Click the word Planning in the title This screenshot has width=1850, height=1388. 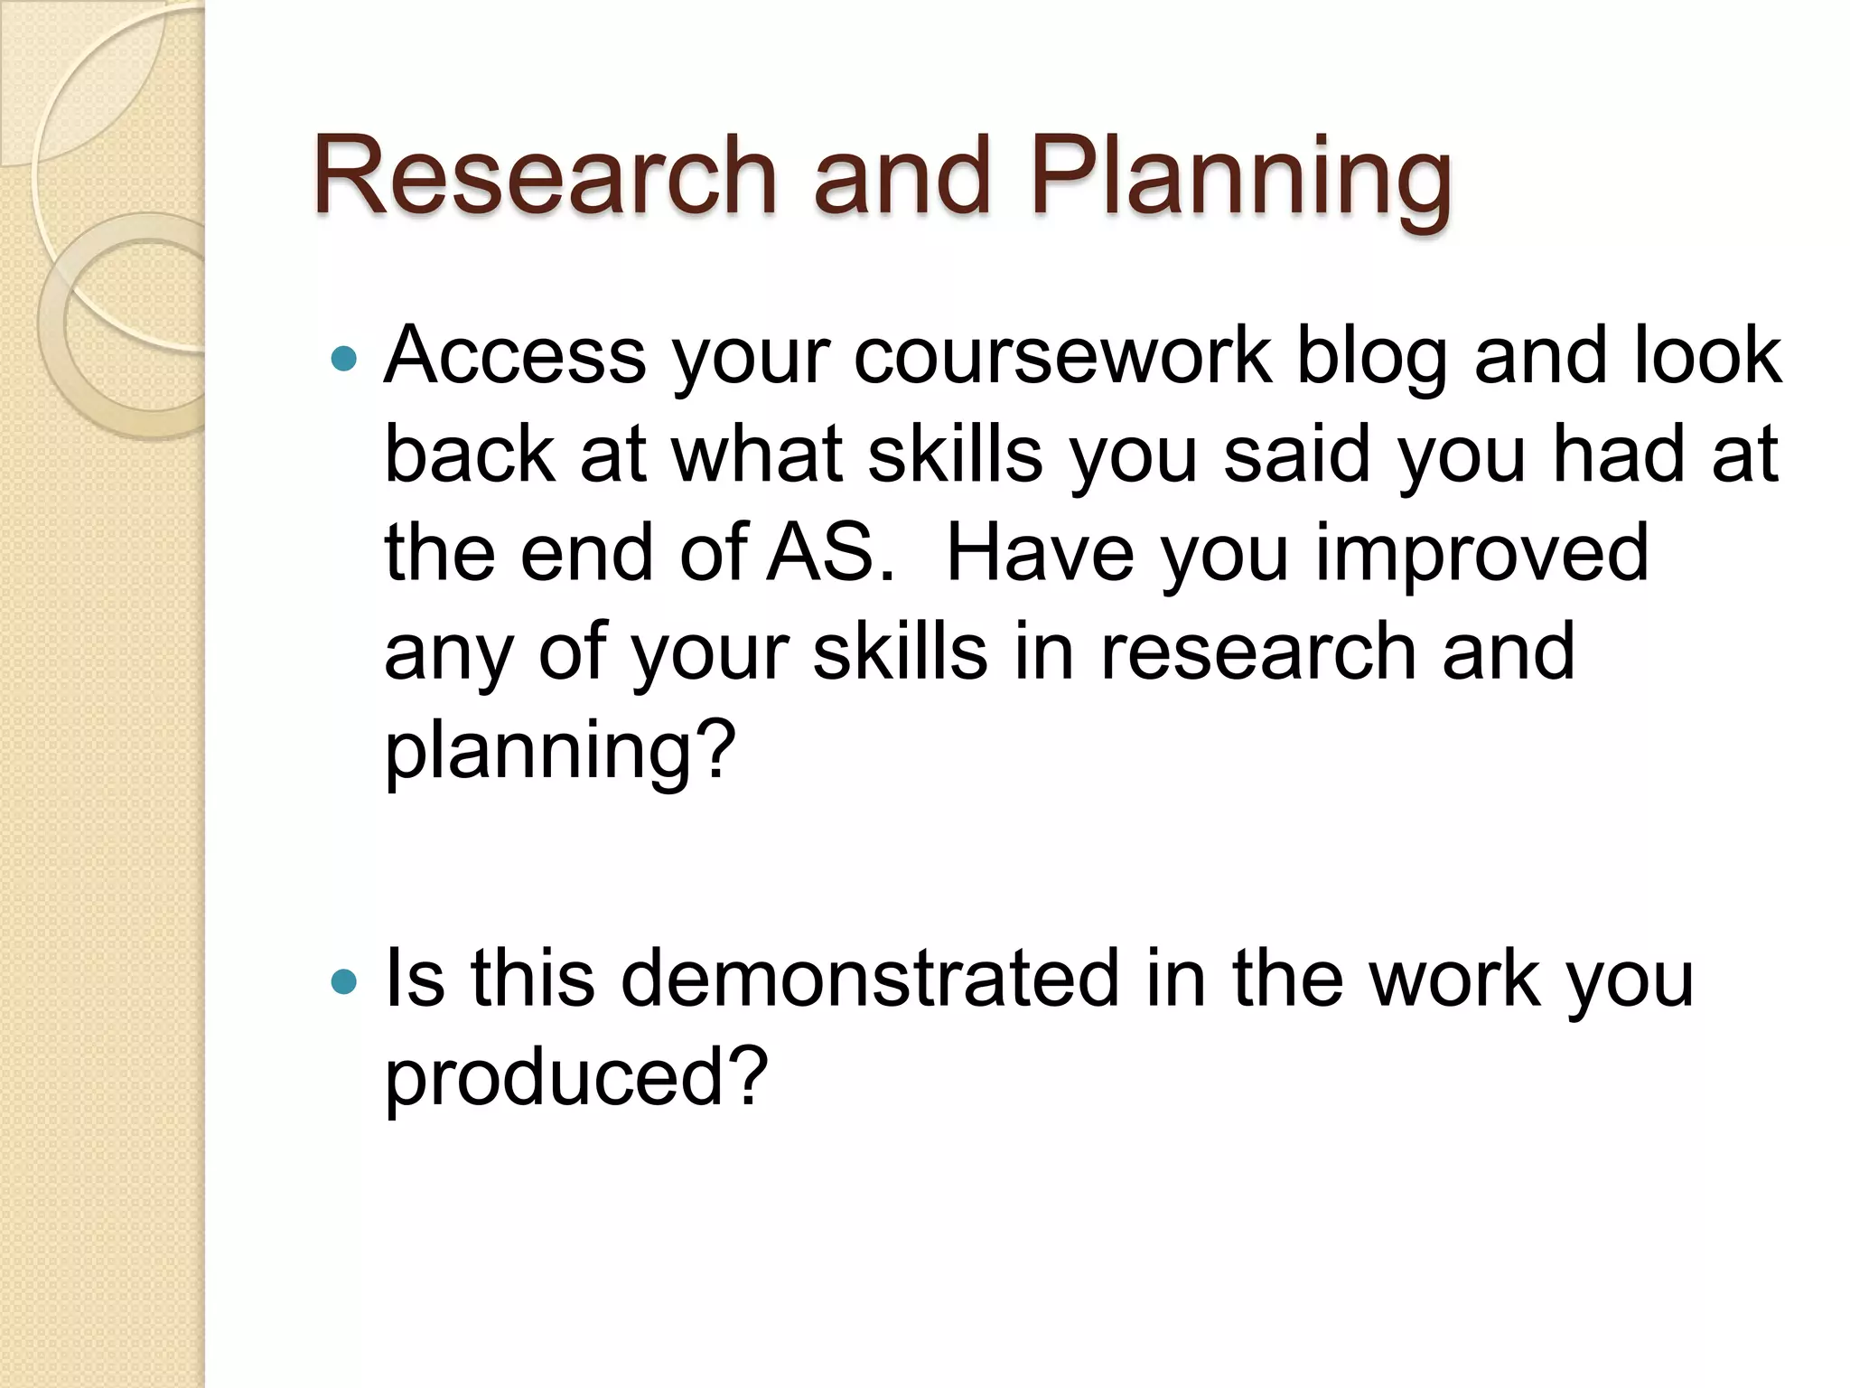click(x=1240, y=181)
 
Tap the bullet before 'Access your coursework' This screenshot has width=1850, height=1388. click(x=344, y=360)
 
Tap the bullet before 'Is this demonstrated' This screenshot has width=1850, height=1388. click(x=344, y=981)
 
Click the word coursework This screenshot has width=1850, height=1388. click(x=1062, y=356)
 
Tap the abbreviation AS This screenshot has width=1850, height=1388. click(x=829, y=553)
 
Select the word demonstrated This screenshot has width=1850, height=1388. click(x=870, y=979)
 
